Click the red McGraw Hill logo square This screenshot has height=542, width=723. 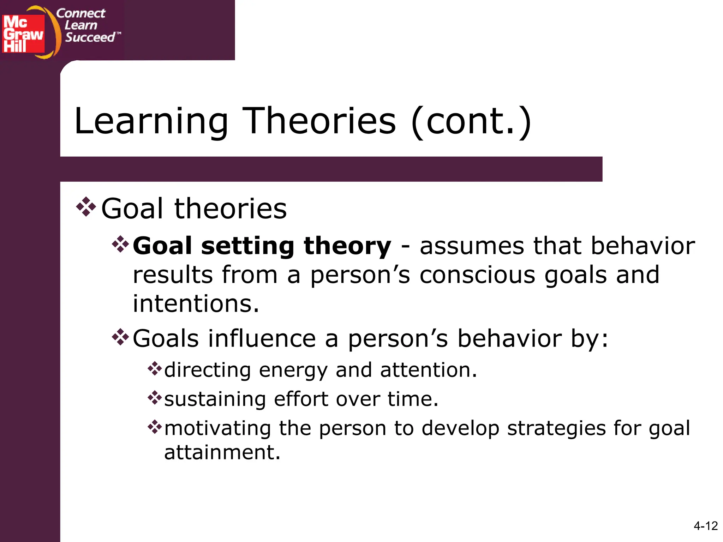23,34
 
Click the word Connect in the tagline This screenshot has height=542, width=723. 81,13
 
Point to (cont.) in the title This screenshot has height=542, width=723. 471,122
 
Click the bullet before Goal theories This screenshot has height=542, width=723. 86,207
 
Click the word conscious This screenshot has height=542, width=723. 477,275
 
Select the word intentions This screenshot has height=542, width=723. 196,304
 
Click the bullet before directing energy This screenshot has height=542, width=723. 155,369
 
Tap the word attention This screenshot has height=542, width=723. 428,370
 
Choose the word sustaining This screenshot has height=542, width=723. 215,399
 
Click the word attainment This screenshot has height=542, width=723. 222,452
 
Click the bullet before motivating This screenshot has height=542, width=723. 155,427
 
